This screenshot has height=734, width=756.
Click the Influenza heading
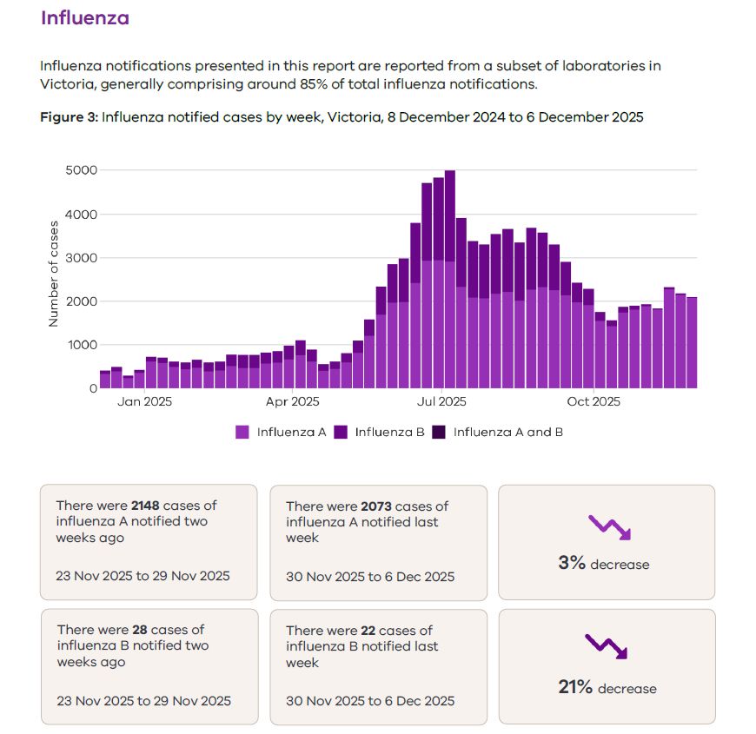coord(84,18)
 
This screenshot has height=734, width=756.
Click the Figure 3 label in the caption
coord(69,117)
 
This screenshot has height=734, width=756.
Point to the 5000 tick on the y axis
coord(81,170)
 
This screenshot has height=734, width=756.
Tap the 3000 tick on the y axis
coord(81,258)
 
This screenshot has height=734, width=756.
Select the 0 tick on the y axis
coord(92,388)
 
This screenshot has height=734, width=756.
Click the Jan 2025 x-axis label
coord(144,402)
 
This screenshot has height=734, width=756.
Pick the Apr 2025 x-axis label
coord(293,402)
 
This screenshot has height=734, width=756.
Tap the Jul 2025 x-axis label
coord(441,402)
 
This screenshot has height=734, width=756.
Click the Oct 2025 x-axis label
coord(594,402)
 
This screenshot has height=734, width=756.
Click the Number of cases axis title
coord(54,274)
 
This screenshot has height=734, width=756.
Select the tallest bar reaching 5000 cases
coord(450,278)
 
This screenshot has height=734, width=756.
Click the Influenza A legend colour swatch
coord(242,432)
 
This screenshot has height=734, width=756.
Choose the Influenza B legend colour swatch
coord(341,432)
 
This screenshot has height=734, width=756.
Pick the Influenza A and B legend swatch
coord(439,432)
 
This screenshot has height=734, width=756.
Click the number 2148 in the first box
coord(147,506)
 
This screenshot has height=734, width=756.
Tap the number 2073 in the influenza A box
coord(376,506)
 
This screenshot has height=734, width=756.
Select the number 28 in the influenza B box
coord(140,630)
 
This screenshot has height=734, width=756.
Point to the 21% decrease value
coord(575,688)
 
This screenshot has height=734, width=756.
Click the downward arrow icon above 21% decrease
coord(606,646)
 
